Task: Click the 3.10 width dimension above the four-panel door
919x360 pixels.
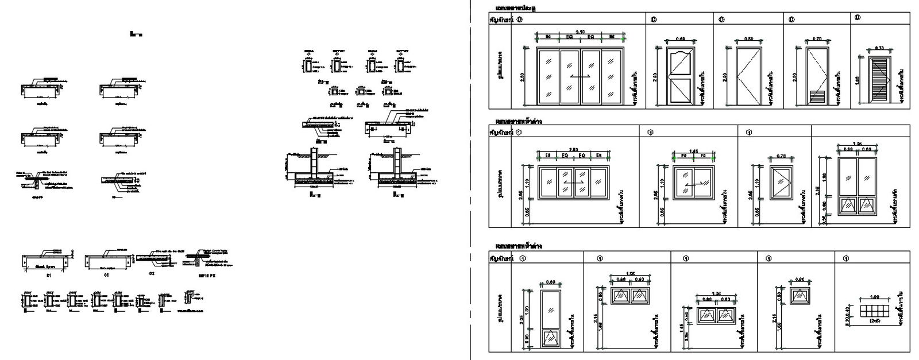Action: click(580, 32)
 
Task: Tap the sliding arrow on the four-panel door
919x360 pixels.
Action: click(580, 76)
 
